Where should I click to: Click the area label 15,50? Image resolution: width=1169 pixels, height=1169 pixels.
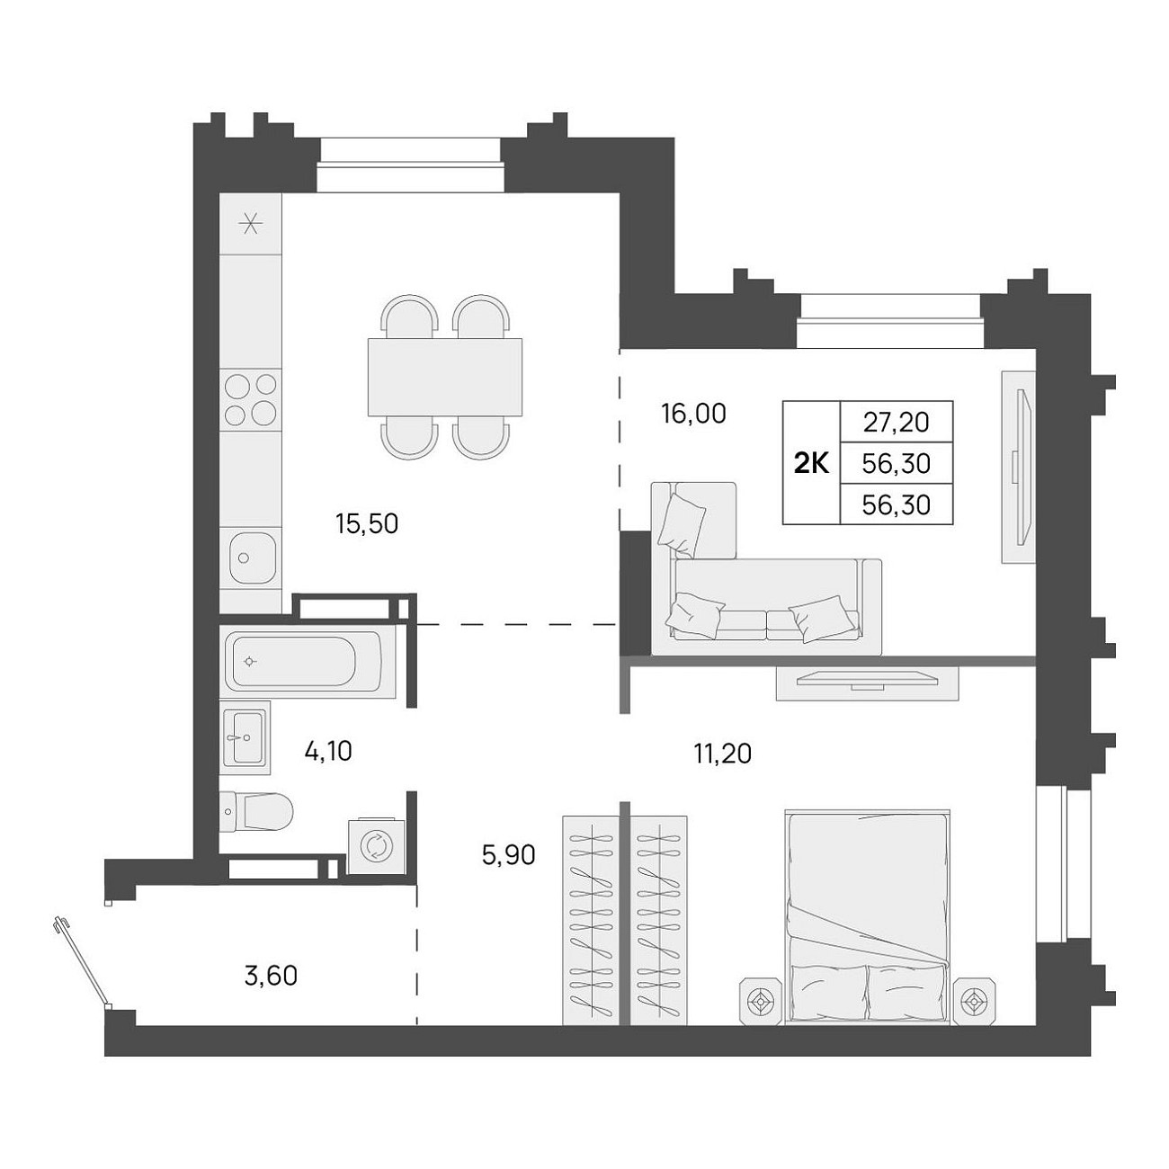(367, 524)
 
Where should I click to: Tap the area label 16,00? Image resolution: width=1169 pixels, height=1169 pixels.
(693, 414)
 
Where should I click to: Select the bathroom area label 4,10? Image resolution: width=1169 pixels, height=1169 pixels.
(328, 752)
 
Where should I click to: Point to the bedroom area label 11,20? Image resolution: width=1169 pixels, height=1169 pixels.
(722, 754)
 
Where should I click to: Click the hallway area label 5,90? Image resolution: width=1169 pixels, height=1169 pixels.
(508, 855)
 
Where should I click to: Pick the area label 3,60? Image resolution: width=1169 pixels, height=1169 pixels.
(271, 976)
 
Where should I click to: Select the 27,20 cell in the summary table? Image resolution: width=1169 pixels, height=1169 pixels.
(896, 423)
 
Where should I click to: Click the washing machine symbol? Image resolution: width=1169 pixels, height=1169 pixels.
(376, 847)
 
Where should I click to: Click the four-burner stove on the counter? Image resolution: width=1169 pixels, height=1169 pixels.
(251, 399)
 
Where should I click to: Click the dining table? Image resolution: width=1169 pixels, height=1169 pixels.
(444, 378)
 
